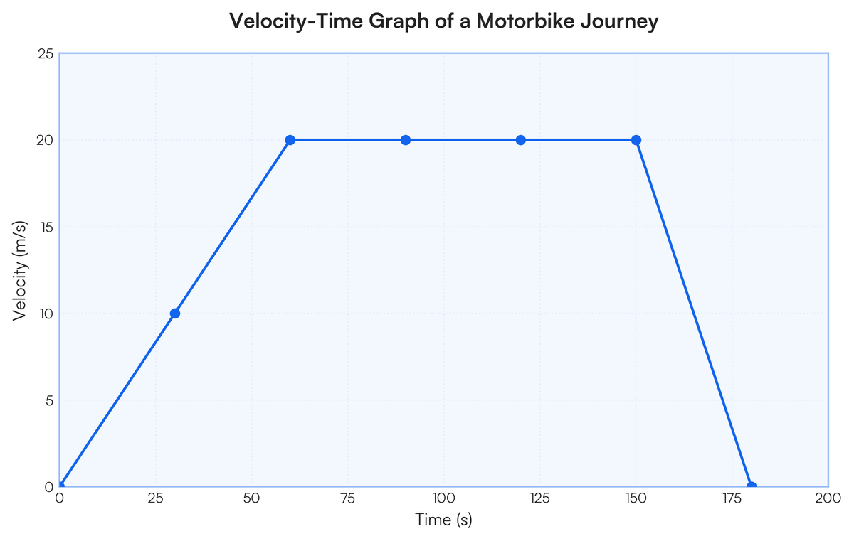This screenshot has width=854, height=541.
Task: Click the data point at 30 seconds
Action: [175, 314]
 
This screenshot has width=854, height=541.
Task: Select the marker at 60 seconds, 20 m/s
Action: [290, 140]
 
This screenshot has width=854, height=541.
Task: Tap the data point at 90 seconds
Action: [406, 140]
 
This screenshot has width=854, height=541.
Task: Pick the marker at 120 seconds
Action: [521, 140]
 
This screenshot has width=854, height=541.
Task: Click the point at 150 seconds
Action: [636, 140]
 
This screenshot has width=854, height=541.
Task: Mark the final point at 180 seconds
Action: [752, 487]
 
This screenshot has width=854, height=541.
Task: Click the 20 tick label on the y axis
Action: [45, 140]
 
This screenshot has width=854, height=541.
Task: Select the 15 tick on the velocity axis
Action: [45, 227]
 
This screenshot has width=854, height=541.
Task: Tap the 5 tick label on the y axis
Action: [48, 400]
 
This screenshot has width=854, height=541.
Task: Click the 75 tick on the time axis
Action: [347, 499]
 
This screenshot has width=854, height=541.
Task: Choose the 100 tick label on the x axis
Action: [443, 499]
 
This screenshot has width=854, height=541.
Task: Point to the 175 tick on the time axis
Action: [732, 499]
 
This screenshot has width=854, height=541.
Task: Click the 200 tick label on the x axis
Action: [828, 499]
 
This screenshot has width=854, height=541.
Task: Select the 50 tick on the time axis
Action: [251, 499]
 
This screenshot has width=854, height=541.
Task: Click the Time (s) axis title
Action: [443, 520]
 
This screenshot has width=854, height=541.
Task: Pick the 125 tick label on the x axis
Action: [539, 499]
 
